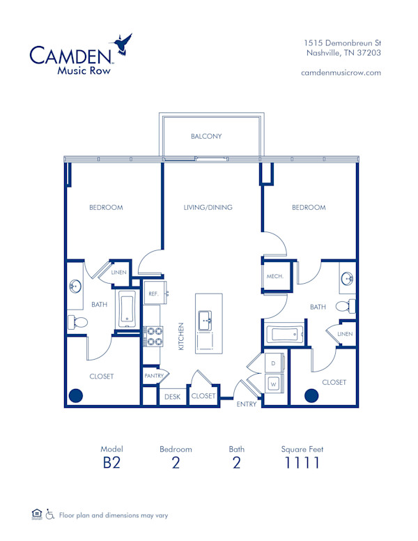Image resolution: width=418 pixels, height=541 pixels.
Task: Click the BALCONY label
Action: click(x=206, y=137)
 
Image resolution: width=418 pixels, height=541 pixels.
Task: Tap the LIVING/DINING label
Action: click(x=208, y=207)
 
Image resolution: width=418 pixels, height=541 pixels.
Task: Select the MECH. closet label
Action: click(x=274, y=277)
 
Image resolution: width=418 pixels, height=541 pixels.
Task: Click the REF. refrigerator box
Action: click(x=153, y=294)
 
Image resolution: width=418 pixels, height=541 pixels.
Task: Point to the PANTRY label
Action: click(x=153, y=376)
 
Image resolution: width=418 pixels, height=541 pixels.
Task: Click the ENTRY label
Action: click(x=247, y=404)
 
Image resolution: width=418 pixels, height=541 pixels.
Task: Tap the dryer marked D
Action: click(x=273, y=364)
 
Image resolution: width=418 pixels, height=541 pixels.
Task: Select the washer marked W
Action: click(x=273, y=383)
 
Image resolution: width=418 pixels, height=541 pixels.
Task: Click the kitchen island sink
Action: click(x=206, y=321)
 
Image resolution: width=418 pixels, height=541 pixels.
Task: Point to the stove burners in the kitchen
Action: click(x=153, y=337)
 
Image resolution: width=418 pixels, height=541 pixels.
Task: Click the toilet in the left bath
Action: click(x=77, y=321)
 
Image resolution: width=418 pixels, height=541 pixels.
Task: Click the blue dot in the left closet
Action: click(x=75, y=396)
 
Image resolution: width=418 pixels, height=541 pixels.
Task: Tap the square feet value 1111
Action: click(x=302, y=463)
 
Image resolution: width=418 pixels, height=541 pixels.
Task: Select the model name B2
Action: click(x=111, y=463)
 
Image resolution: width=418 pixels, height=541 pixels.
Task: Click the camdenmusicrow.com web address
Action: click(x=341, y=73)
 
